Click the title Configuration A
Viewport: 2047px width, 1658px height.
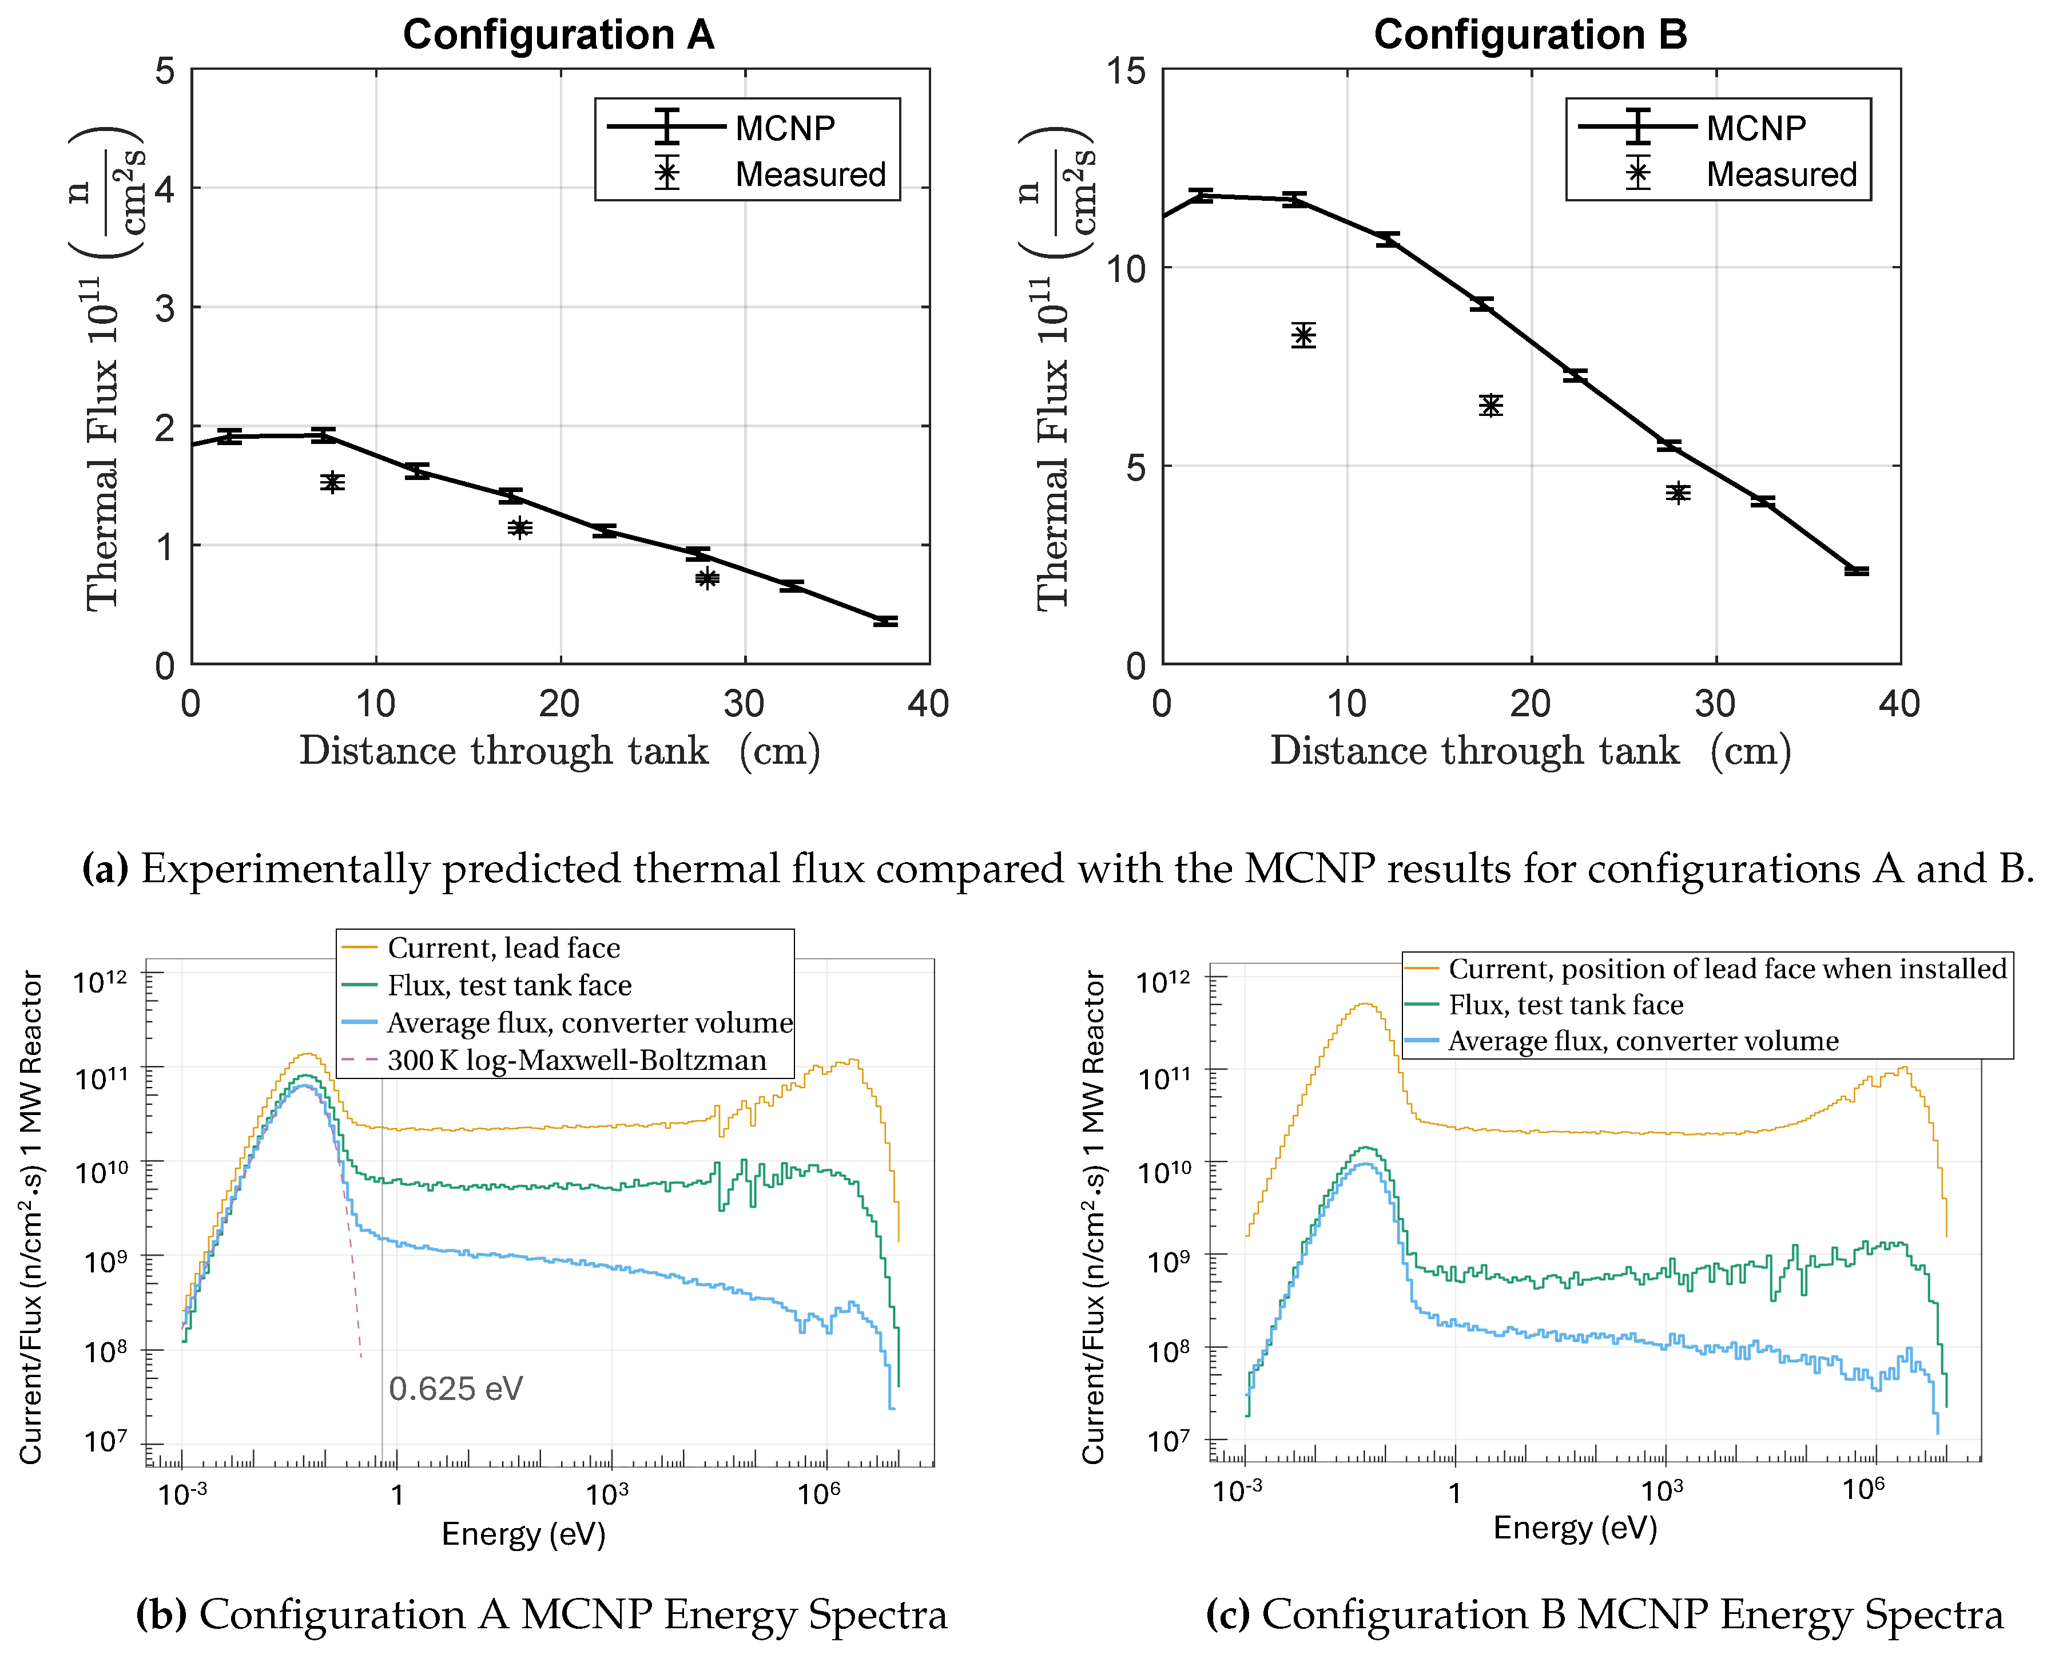coord(559,35)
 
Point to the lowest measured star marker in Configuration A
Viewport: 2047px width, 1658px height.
coord(706,578)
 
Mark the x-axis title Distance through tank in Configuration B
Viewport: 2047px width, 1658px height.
coord(1473,751)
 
